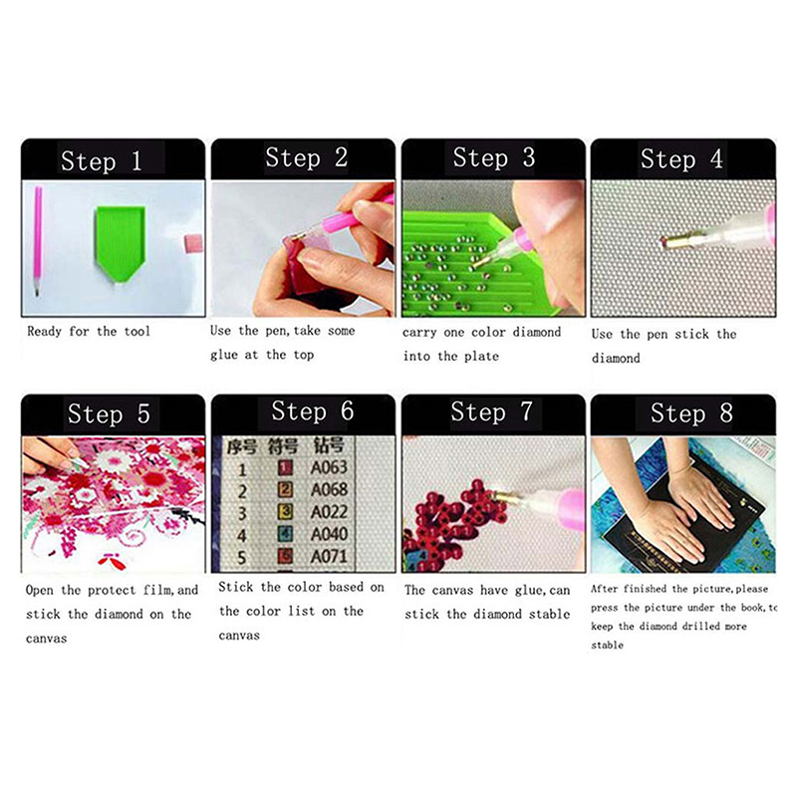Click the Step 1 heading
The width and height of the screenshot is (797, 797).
[102, 161]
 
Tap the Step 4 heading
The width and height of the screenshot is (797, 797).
[681, 159]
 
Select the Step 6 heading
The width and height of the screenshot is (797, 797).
[312, 410]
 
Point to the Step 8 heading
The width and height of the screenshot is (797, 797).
[691, 412]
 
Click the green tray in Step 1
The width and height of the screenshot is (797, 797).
[120, 242]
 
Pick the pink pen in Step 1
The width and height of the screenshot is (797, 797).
[38, 240]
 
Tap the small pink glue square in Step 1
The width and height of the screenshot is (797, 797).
[192, 243]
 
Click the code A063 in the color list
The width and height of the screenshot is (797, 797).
[329, 466]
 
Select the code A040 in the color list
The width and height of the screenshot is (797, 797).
[330, 534]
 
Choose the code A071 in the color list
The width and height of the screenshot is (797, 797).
[330, 557]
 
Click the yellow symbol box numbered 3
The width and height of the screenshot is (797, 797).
[286, 511]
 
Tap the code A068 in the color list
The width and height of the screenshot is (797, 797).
[330, 489]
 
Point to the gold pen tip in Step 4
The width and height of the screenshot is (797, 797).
[679, 239]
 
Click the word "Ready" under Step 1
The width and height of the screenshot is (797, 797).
[44, 332]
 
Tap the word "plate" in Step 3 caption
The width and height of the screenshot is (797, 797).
[481, 356]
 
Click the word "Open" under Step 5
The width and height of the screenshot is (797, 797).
[39, 590]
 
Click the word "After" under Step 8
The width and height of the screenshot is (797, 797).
[604, 589]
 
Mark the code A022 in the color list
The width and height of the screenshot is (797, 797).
[330, 511]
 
